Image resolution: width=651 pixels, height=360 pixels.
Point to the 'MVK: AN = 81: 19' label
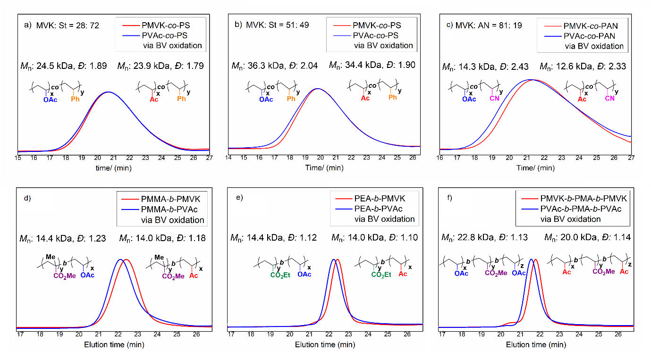[x=488, y=25]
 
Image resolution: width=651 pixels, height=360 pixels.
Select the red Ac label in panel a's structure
[x=153, y=99]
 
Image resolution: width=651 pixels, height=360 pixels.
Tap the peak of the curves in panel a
[x=108, y=92]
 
